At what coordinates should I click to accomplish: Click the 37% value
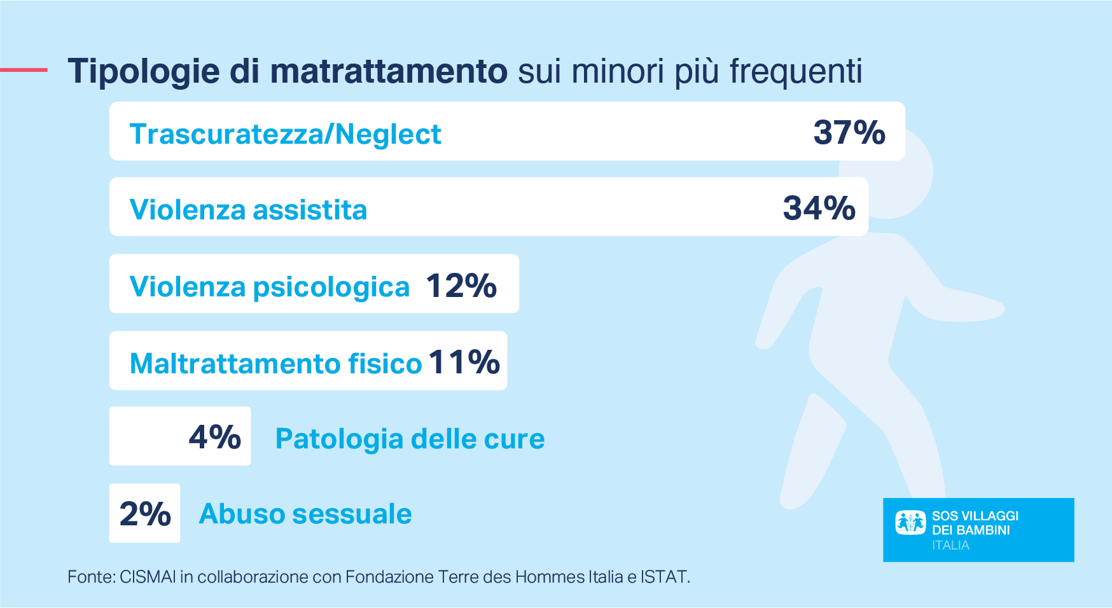pyautogui.click(x=849, y=132)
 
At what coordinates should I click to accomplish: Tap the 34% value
pyautogui.click(x=819, y=208)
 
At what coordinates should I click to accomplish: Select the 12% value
pyautogui.click(x=461, y=286)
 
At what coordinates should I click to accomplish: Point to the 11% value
pyautogui.click(x=464, y=362)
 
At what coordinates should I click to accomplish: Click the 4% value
pyautogui.click(x=214, y=437)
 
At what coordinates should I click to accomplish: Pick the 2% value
pyautogui.click(x=145, y=514)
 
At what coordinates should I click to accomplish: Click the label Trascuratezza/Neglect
pyautogui.click(x=285, y=134)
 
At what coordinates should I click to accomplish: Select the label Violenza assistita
pyautogui.click(x=248, y=210)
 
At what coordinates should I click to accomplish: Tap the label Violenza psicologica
pyautogui.click(x=269, y=287)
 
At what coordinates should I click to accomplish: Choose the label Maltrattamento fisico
pyautogui.click(x=275, y=364)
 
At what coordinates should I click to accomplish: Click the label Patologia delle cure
pyautogui.click(x=410, y=439)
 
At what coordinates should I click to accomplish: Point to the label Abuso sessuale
pyautogui.click(x=305, y=514)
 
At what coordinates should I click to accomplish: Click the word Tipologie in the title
pyautogui.click(x=144, y=71)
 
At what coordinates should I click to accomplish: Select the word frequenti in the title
pyautogui.click(x=796, y=71)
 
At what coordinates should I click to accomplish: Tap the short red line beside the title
pyautogui.click(x=24, y=70)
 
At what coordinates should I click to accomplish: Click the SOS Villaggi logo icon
pyautogui.click(x=910, y=523)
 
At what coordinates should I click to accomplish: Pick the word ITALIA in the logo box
pyautogui.click(x=950, y=546)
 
